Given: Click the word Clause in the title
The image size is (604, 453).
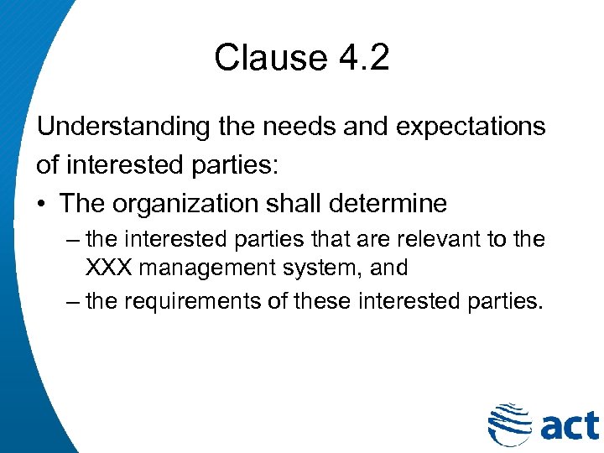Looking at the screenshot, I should [259, 57].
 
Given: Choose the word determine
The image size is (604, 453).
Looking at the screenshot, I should [393, 203].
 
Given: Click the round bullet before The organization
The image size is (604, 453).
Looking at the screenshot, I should [44, 204].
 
